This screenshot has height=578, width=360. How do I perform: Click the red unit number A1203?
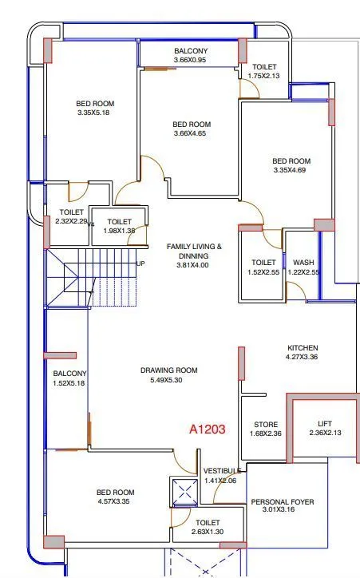click(x=208, y=430)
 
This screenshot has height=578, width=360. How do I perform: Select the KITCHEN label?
click(x=303, y=348)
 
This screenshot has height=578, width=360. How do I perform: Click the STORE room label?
click(x=265, y=424)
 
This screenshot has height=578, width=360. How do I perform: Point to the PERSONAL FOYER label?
click(x=283, y=502)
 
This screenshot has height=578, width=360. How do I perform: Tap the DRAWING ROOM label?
click(x=168, y=370)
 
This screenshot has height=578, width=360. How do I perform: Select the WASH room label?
click(x=303, y=262)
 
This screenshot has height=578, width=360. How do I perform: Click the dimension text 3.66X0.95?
click(x=190, y=60)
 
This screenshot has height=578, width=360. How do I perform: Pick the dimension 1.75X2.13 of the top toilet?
click(x=265, y=76)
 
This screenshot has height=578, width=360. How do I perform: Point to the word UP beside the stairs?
click(x=140, y=263)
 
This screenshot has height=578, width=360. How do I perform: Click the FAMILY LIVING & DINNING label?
click(x=194, y=251)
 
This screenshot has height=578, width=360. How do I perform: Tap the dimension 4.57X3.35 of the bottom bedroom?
click(x=115, y=502)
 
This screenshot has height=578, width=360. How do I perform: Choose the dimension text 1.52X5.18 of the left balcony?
click(x=69, y=383)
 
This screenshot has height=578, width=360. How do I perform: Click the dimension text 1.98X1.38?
click(x=120, y=231)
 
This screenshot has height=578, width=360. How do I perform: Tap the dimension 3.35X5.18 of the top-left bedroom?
click(x=94, y=113)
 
